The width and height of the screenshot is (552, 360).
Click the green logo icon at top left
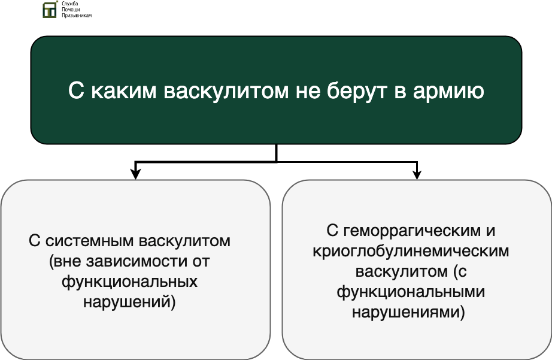(x=50, y=10)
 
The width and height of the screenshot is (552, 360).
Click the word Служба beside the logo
(x=69, y=4)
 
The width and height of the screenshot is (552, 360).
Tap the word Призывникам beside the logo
(x=77, y=15)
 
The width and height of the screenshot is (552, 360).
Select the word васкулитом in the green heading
(x=226, y=90)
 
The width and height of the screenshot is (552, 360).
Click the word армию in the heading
(x=448, y=92)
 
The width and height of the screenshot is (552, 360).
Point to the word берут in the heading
(x=356, y=91)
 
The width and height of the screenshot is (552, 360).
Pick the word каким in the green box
(x=123, y=91)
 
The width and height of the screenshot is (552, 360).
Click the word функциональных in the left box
(x=129, y=282)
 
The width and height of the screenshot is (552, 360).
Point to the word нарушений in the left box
(x=127, y=302)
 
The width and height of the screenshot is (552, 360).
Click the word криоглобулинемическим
(x=411, y=252)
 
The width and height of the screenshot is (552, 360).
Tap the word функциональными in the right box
(x=411, y=292)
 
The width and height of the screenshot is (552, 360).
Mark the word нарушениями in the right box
(x=406, y=313)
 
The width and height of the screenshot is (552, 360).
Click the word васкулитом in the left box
(x=184, y=241)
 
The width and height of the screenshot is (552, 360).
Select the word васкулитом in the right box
(x=401, y=272)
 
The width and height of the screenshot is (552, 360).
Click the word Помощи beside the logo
(x=71, y=10)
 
